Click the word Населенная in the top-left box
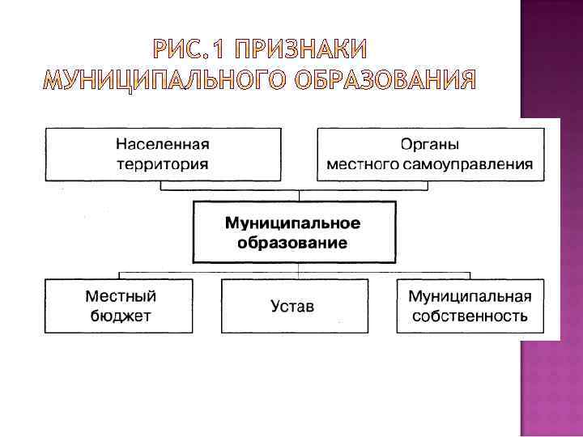pos(163,145)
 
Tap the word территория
pos(163,163)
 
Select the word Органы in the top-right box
pos(430,145)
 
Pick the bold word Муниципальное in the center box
pos(292,223)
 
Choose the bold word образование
pos(292,242)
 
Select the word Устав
pos(293,307)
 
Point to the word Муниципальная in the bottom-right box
pos(470,295)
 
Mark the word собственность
pos(470,316)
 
